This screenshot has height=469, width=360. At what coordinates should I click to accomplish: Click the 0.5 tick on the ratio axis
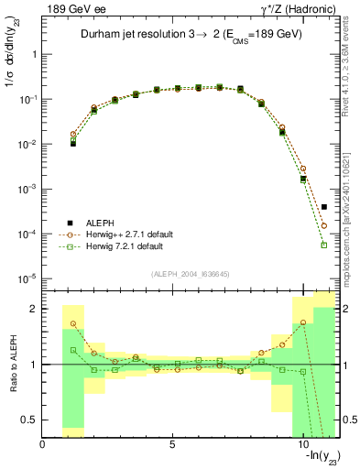point(32,420)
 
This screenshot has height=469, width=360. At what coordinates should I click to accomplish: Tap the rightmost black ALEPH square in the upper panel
point(324,207)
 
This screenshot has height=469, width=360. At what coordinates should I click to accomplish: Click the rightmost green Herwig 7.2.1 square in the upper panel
point(324,245)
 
